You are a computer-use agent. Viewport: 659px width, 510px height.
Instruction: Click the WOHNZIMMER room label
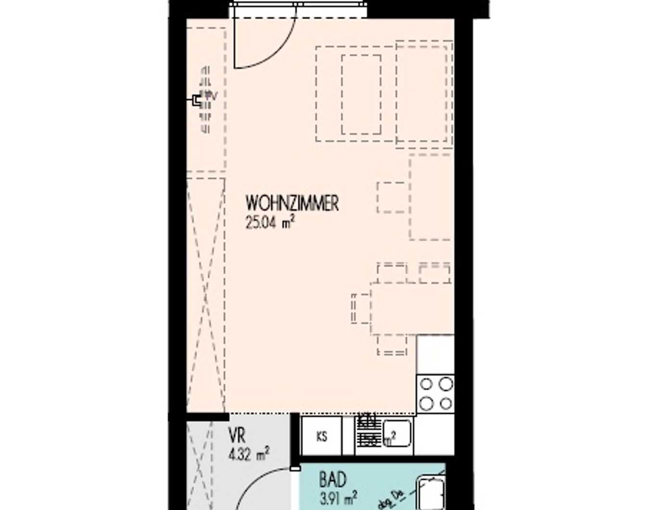click(292, 204)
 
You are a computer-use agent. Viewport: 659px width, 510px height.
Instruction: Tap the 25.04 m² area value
click(269, 223)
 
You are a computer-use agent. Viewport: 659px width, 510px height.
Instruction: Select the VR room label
click(237, 436)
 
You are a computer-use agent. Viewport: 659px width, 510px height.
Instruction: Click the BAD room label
click(332, 480)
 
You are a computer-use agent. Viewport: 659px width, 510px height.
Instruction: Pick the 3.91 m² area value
click(338, 497)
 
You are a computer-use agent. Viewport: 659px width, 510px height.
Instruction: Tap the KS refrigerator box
click(321, 436)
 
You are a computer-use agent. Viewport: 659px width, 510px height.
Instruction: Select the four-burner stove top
click(436, 393)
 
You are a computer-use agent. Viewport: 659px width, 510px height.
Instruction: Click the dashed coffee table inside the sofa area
click(361, 94)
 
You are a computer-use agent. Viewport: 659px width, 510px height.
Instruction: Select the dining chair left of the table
click(360, 308)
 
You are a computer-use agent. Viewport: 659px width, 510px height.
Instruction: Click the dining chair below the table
click(392, 344)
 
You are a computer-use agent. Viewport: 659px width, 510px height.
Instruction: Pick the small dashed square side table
click(391, 197)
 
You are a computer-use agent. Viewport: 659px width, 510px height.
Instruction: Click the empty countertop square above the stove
click(435, 354)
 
